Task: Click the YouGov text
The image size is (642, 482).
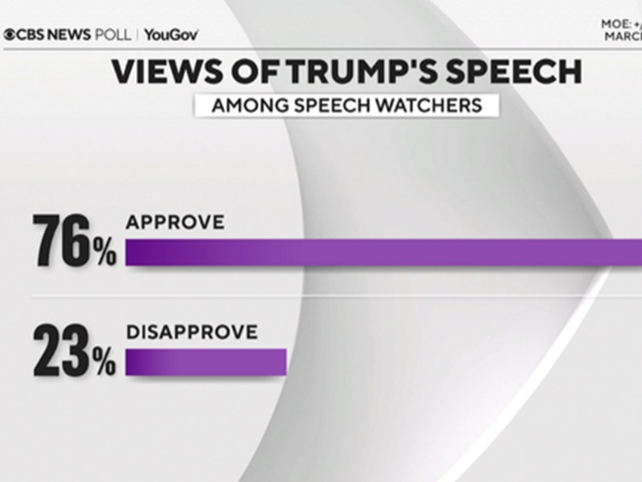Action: [171, 34]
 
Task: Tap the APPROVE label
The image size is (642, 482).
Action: [175, 222]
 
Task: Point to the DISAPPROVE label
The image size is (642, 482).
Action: [192, 332]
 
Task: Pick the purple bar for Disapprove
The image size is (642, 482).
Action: [205, 362]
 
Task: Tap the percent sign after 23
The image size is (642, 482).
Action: [105, 363]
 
